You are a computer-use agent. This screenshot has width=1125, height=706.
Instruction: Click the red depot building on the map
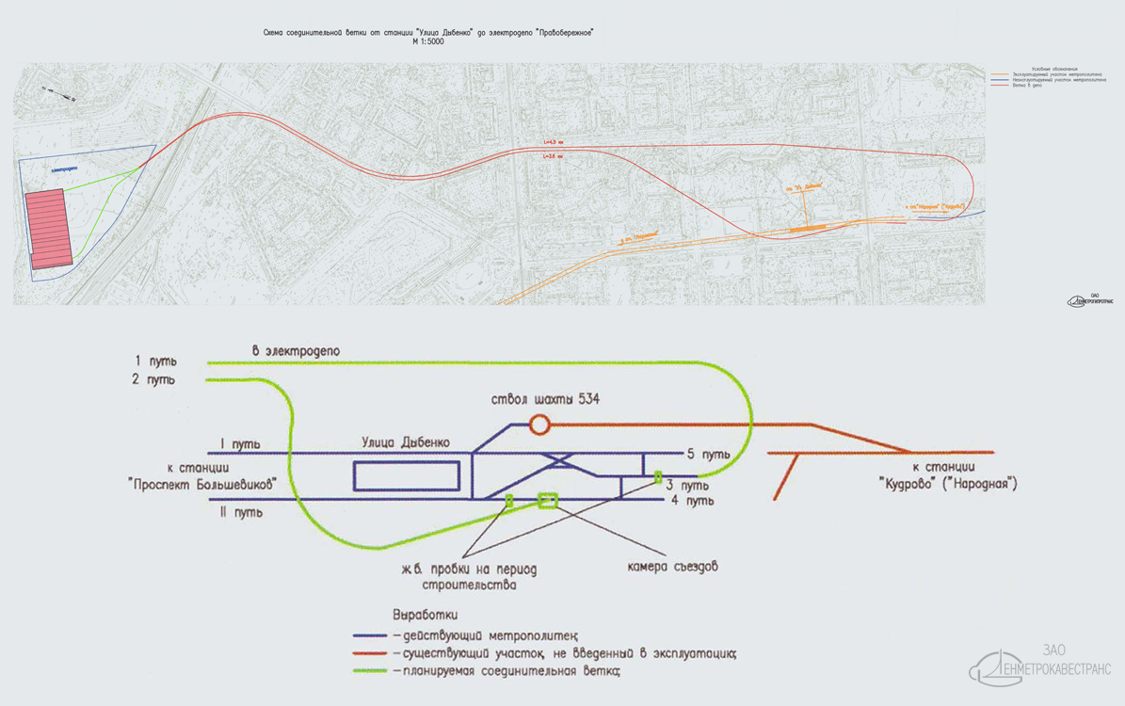tap(50, 229)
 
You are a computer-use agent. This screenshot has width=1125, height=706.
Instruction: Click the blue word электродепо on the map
tap(65, 169)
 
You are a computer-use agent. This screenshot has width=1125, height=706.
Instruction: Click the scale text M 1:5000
tap(427, 42)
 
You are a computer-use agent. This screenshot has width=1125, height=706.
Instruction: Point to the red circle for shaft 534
tap(539, 425)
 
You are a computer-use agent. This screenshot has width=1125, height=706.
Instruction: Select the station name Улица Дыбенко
tap(406, 441)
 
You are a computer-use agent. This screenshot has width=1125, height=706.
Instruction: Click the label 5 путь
tap(710, 455)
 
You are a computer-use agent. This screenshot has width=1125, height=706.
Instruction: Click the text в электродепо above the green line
tap(296, 351)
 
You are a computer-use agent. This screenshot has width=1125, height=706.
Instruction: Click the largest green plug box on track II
tap(547, 500)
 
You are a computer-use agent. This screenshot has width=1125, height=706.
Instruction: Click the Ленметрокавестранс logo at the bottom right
tap(1041, 664)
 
